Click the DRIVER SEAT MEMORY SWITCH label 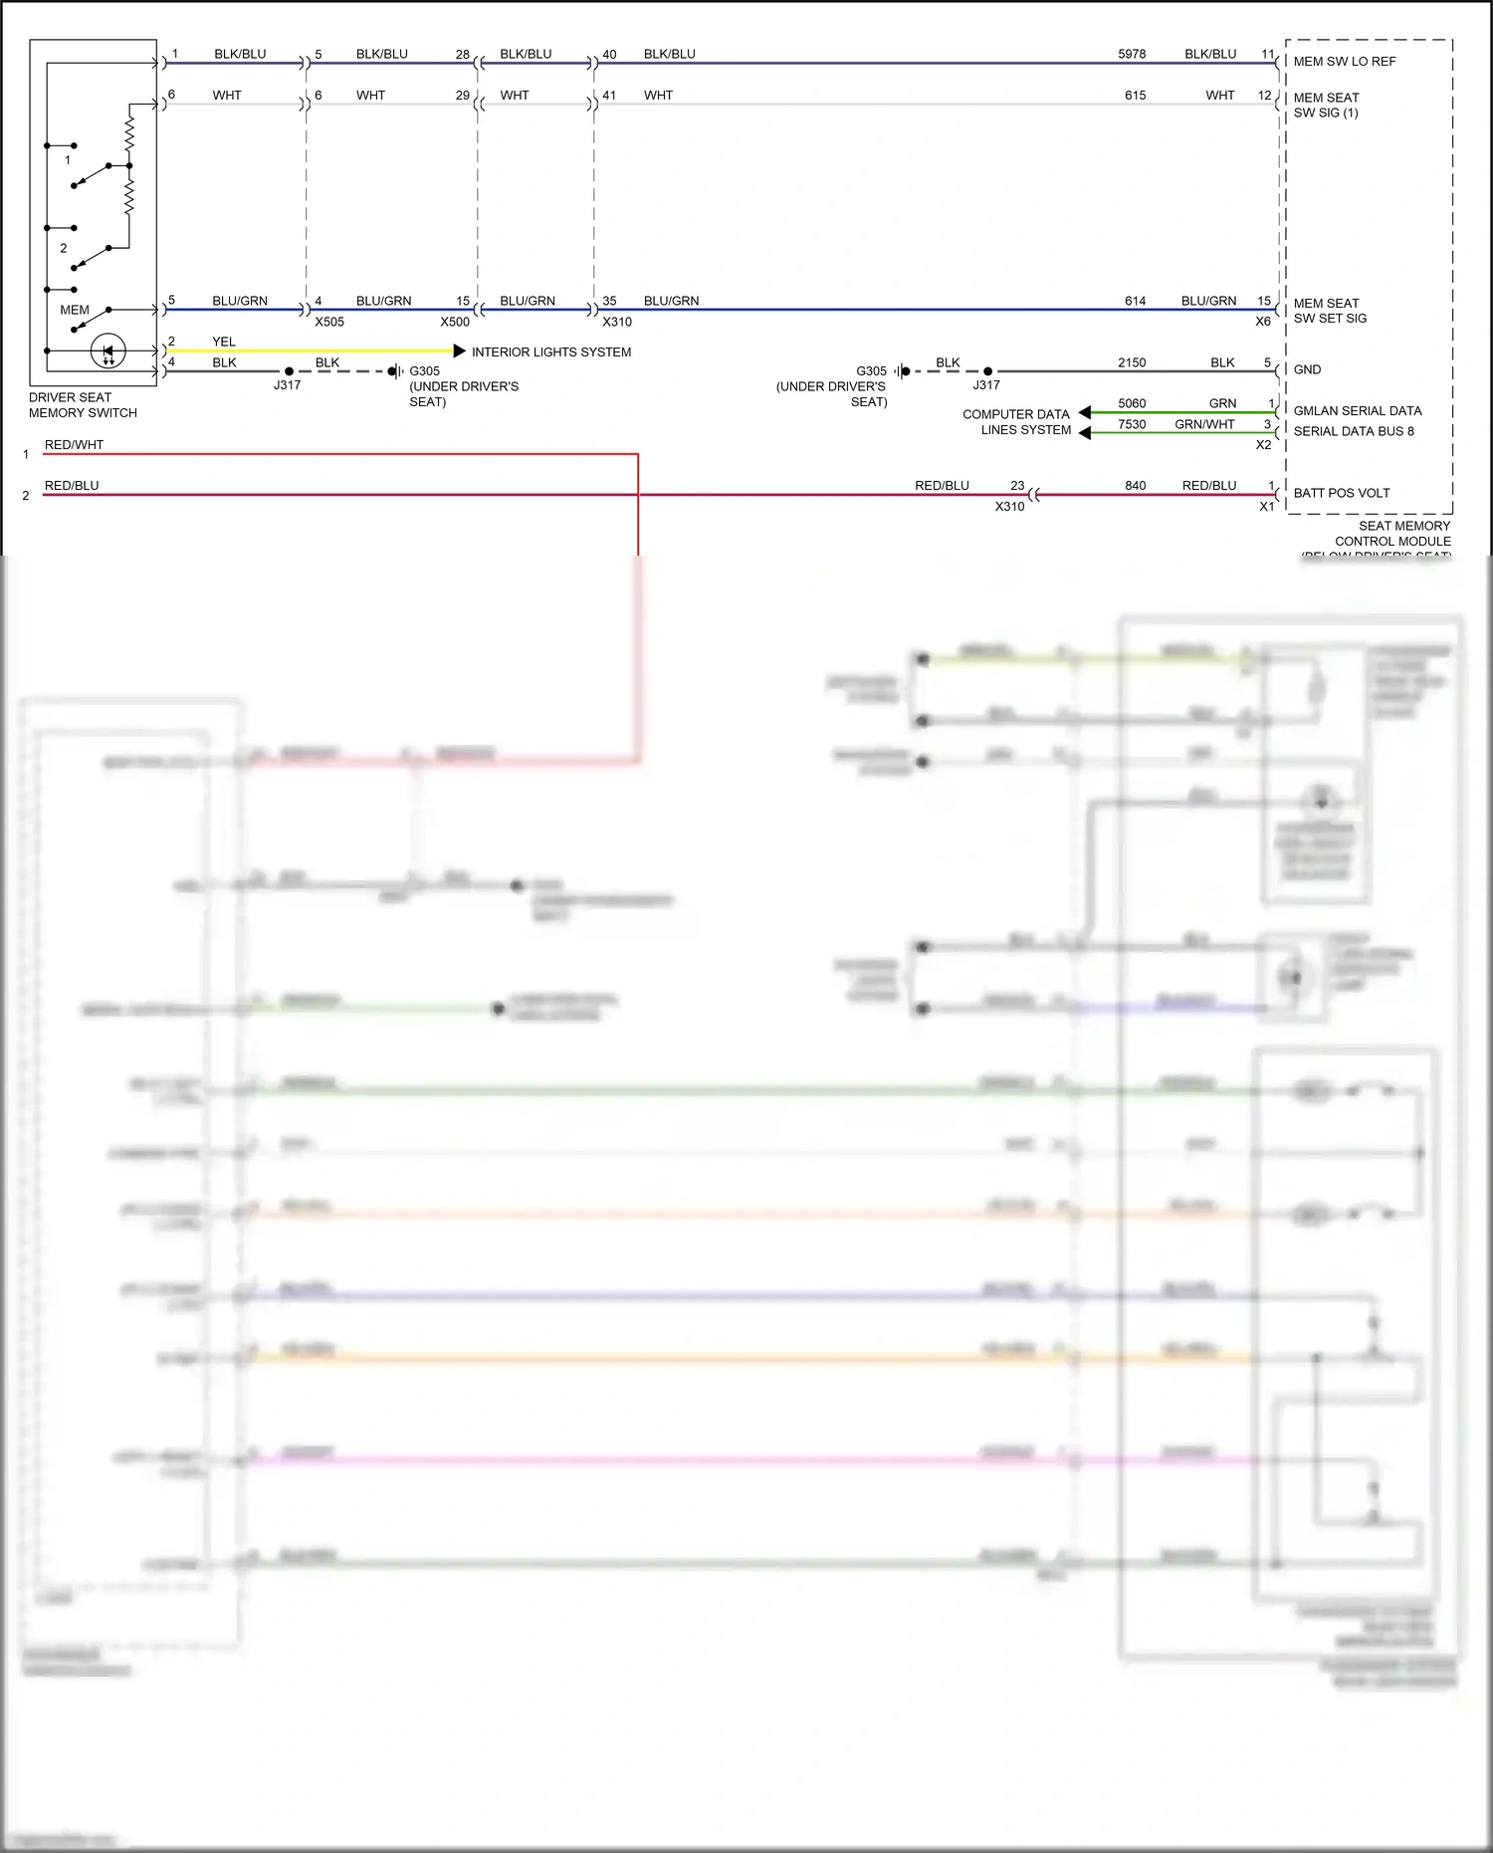pos(83,404)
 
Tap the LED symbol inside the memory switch pos(108,350)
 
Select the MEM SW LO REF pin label pos(1344,62)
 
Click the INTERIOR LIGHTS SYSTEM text pos(550,351)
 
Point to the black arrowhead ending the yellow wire pos(459,350)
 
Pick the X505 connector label pos(329,322)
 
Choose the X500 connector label pos(455,322)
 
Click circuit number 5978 pos(1132,54)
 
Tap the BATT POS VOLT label pos(1341,493)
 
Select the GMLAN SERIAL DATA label pos(1357,410)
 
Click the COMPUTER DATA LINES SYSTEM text pos(1016,422)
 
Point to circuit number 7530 pos(1132,424)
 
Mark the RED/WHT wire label pos(74,445)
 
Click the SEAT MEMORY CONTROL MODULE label pos(1392,534)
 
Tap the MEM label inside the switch pos(75,310)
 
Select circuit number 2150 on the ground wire pos(1132,362)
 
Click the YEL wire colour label pos(224,342)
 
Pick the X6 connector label pos(1262,322)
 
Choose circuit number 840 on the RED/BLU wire pos(1136,486)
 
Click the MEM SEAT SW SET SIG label pos(1330,311)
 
